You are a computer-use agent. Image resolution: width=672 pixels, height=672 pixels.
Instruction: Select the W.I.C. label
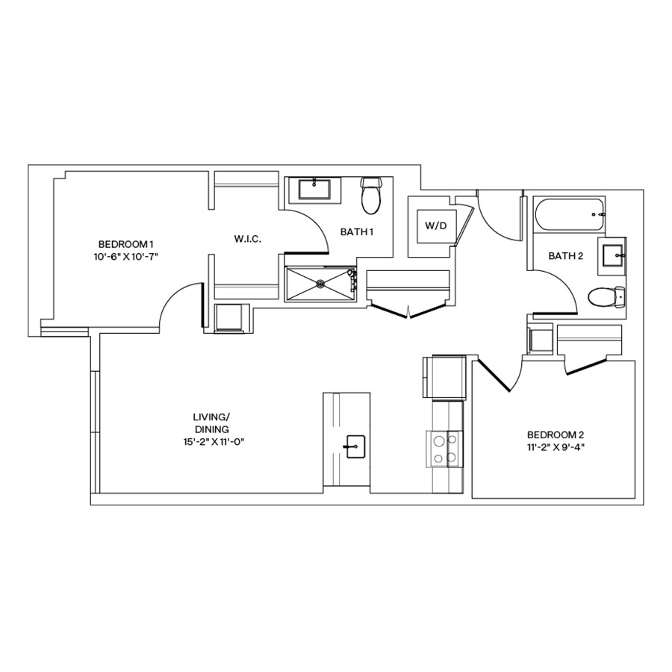(246, 239)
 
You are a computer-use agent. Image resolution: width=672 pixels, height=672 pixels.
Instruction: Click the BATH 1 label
(356, 232)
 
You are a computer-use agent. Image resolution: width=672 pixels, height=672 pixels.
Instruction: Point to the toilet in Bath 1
(370, 195)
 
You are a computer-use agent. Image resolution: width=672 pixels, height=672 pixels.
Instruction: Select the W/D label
(435, 225)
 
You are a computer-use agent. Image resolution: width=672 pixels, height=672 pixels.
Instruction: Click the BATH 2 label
(564, 256)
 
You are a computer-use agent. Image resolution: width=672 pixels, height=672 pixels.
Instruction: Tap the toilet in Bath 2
(605, 298)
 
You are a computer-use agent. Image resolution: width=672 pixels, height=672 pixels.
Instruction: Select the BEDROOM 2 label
(556, 435)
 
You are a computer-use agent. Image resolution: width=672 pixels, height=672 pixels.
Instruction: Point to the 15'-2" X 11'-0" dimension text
(211, 441)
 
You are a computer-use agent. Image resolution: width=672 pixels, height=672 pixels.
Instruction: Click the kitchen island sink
(354, 447)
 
